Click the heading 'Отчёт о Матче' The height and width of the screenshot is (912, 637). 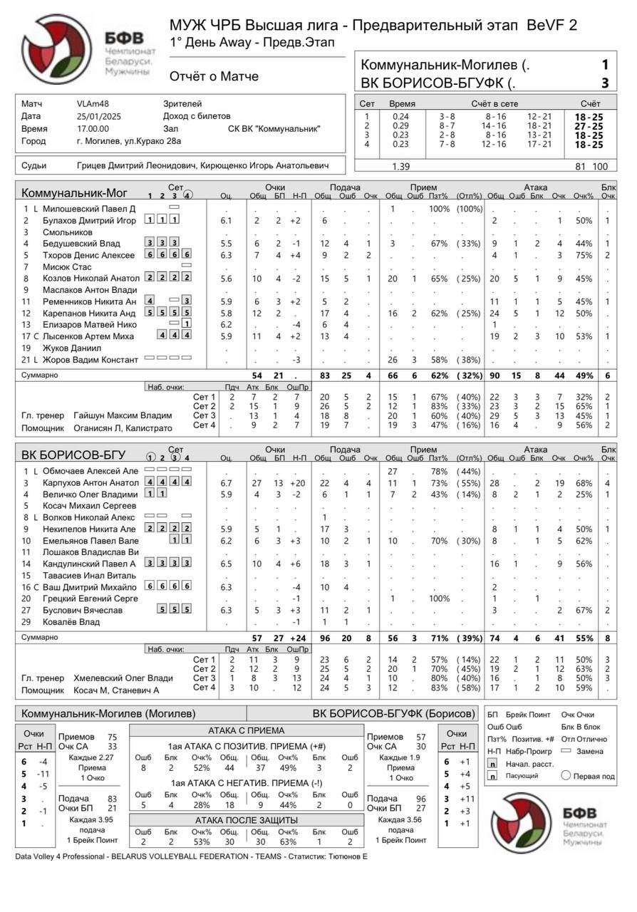(214, 76)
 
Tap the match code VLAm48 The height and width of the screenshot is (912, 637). (92, 104)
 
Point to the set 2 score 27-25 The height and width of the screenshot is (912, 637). (589, 125)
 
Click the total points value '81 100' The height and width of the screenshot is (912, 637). (591, 166)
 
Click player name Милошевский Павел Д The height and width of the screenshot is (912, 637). (88, 209)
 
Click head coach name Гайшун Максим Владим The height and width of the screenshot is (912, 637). (123, 415)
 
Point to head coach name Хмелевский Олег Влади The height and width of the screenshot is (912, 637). (123, 678)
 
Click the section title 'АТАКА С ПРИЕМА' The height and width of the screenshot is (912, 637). (247, 730)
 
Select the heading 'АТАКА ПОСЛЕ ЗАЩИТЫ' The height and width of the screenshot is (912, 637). (247, 821)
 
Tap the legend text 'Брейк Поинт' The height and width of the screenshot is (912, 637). (528, 714)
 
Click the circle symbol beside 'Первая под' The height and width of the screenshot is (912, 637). (567, 776)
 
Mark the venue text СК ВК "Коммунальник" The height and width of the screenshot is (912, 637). (274, 129)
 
